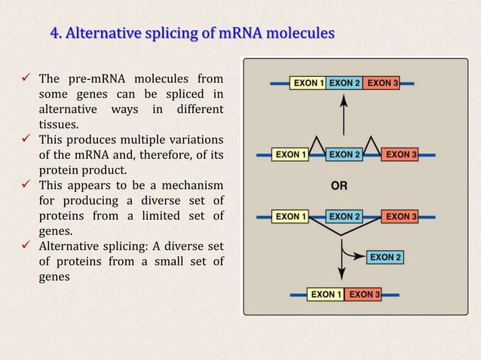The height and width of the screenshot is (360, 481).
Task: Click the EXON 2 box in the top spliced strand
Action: [345, 83]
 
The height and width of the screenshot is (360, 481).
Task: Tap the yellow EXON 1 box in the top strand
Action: [308, 83]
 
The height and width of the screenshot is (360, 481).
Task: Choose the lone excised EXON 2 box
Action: [385, 258]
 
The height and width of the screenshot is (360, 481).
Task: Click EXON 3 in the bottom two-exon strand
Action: [364, 294]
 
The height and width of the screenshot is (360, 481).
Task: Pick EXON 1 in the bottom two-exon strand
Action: [326, 294]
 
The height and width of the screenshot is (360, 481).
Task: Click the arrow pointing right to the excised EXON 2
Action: [354, 252]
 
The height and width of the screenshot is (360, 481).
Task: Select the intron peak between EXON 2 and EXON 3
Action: [372, 142]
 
